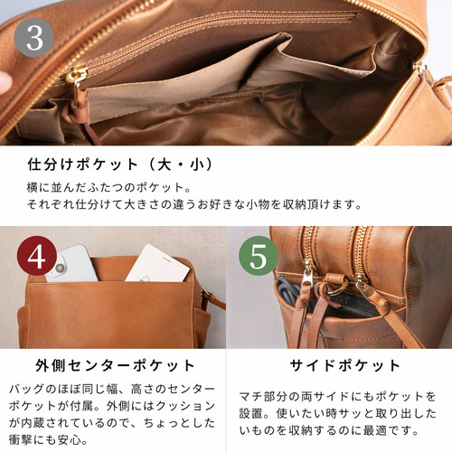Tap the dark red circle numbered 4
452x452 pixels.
(35, 259)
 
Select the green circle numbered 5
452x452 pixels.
(258, 259)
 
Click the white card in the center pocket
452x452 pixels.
(156, 263)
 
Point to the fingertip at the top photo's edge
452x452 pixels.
(5, 81)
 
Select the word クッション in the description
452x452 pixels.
(188, 405)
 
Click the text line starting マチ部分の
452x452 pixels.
(337, 396)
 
